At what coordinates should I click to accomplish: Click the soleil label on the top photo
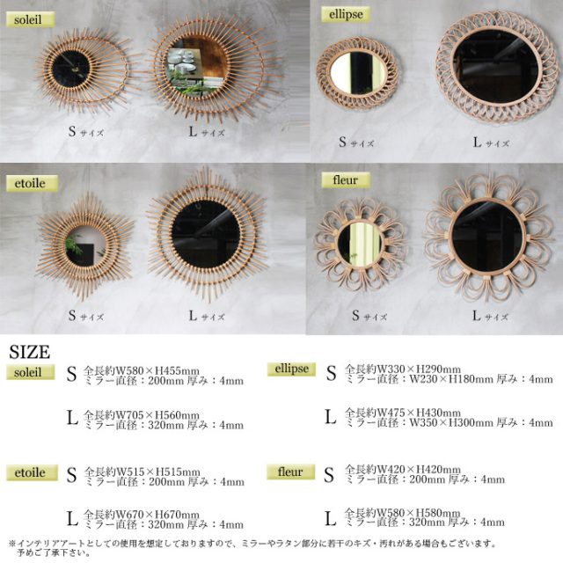point(31,19)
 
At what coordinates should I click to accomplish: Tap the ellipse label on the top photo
point(346,14)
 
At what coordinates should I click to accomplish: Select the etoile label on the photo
point(32,183)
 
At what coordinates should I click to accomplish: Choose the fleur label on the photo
point(346,179)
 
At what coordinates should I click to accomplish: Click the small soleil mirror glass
point(70,69)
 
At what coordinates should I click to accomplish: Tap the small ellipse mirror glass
point(358,73)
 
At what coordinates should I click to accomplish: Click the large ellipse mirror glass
point(496,67)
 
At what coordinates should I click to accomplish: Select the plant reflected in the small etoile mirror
point(74,245)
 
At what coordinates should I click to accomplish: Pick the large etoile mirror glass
point(206,234)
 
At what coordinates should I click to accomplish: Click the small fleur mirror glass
point(360,244)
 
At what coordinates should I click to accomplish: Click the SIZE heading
point(29,352)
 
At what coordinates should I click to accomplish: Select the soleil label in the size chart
point(31,372)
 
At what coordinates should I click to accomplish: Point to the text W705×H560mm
point(157,415)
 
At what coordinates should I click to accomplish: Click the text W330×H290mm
point(418,369)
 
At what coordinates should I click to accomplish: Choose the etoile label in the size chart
point(32,472)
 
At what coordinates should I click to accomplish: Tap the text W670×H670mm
point(157,515)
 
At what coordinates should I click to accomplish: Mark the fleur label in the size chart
point(291,472)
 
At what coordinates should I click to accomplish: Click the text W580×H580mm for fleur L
point(418,513)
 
